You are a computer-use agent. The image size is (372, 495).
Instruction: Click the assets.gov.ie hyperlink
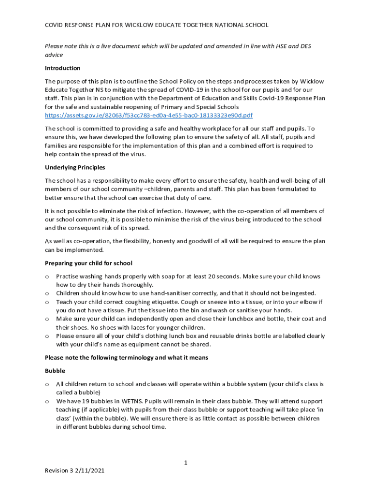click(x=149, y=116)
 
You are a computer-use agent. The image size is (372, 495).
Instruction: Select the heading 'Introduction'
click(x=63, y=68)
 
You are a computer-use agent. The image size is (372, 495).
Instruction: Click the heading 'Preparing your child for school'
click(x=88, y=263)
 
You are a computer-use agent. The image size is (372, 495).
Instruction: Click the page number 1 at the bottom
click(x=186, y=463)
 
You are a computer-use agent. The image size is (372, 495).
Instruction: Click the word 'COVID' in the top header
click(x=56, y=25)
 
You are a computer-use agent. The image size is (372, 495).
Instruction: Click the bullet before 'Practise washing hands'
click(x=47, y=277)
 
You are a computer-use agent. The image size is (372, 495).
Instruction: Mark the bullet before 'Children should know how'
click(x=47, y=293)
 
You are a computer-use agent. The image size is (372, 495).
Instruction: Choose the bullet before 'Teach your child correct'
click(x=47, y=302)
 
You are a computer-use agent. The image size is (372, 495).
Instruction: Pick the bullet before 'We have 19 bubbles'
click(x=47, y=401)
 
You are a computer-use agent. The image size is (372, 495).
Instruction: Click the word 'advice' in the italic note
click(x=54, y=55)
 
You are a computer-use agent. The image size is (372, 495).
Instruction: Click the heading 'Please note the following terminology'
click(x=127, y=358)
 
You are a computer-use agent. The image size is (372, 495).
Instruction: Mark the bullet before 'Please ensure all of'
click(x=47, y=336)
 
